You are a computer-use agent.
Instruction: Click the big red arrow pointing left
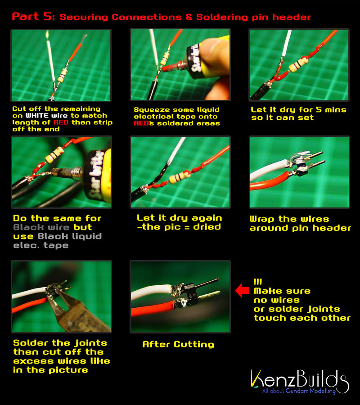(242, 290)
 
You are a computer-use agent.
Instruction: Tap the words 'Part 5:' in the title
(33, 16)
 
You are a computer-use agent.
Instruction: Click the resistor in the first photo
(63, 76)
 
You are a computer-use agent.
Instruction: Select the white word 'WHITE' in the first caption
(37, 116)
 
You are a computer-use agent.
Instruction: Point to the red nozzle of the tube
(171, 67)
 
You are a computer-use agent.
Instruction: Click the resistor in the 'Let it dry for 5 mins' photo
(298, 64)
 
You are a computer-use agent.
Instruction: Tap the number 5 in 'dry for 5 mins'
(319, 109)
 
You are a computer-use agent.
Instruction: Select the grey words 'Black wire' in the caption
(41, 227)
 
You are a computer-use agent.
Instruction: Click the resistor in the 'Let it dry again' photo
(180, 177)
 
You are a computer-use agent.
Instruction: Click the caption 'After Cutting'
(178, 344)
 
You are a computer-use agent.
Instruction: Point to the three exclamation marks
(257, 281)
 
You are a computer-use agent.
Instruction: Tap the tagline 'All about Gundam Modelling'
(299, 391)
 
